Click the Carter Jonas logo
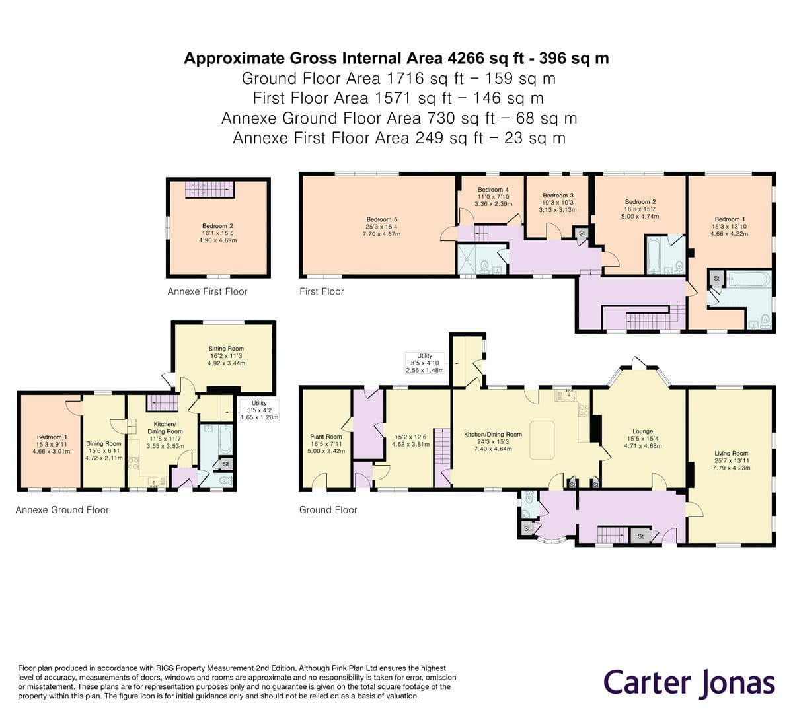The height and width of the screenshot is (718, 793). pyautogui.click(x=689, y=683)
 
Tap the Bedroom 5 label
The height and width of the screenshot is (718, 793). pyautogui.click(x=381, y=219)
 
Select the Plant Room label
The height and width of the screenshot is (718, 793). pyautogui.click(x=326, y=437)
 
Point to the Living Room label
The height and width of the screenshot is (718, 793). pyautogui.click(x=731, y=454)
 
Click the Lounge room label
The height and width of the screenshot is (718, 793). pyautogui.click(x=642, y=431)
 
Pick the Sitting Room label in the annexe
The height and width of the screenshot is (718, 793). pyautogui.click(x=226, y=349)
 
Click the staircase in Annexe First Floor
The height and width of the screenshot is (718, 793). pyautogui.click(x=210, y=190)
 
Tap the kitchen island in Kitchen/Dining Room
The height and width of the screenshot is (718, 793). pyautogui.click(x=542, y=440)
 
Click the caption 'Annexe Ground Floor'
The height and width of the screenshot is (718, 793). pyautogui.click(x=62, y=510)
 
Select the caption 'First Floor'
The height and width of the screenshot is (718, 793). pyautogui.click(x=321, y=291)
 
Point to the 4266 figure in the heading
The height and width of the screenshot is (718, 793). pyautogui.click(x=466, y=58)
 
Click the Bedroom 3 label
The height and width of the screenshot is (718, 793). pyautogui.click(x=558, y=196)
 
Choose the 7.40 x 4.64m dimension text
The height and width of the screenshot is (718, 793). pyautogui.click(x=492, y=449)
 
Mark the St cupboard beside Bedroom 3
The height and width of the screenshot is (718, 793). pyautogui.click(x=582, y=233)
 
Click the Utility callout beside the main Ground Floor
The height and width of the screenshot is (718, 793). pyautogui.click(x=424, y=363)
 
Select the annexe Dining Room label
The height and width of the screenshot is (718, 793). pyautogui.click(x=104, y=443)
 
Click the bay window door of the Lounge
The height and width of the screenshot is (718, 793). pyautogui.click(x=638, y=363)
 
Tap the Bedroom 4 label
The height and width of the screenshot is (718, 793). pyautogui.click(x=493, y=190)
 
